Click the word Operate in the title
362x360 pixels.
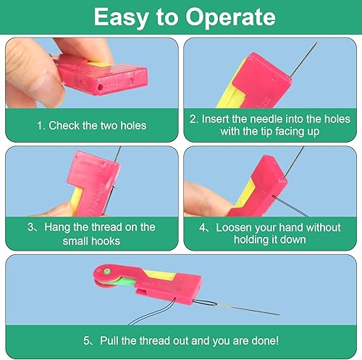tap(230, 17)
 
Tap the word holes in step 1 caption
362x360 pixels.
tap(133, 125)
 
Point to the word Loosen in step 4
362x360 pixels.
tap(234, 227)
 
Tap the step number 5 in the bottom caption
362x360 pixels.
tap(86, 341)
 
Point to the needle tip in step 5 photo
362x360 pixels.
tap(279, 314)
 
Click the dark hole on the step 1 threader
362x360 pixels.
tap(100, 87)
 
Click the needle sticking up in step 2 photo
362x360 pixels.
tap(304, 59)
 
